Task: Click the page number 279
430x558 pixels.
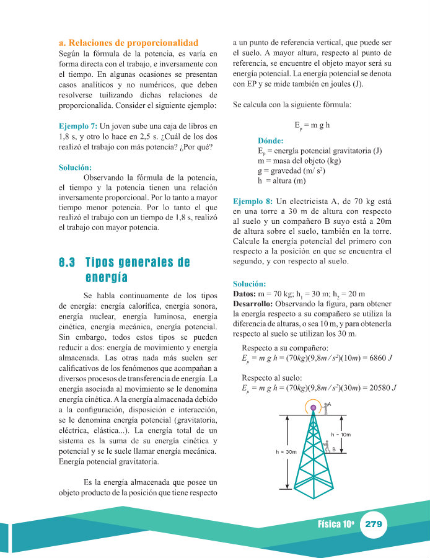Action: (374, 524)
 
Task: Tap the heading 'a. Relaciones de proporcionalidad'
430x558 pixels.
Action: (128, 43)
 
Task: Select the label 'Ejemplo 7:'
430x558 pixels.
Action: (78, 126)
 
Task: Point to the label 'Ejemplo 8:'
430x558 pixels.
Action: (252, 201)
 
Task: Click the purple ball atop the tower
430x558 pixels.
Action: (314, 407)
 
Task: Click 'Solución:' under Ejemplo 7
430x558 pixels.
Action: (75, 167)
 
